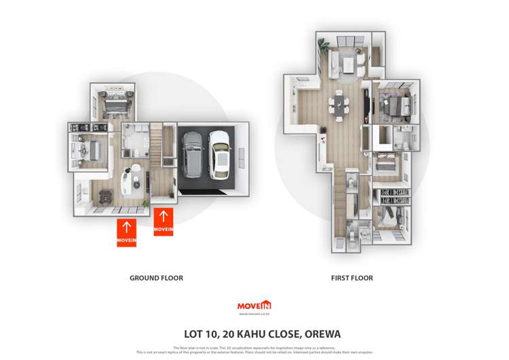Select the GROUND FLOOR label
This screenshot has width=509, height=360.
coord(156,278)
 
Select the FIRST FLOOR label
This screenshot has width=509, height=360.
coord(352,278)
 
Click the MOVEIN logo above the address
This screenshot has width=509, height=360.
coord(254,306)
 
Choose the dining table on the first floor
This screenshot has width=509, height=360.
coord(338,105)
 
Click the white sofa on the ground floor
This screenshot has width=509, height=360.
coord(127,183)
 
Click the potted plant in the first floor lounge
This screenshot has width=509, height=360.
coord(324,47)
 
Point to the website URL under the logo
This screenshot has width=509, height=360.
coord(254,314)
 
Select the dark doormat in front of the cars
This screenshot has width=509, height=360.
coord(208,191)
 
